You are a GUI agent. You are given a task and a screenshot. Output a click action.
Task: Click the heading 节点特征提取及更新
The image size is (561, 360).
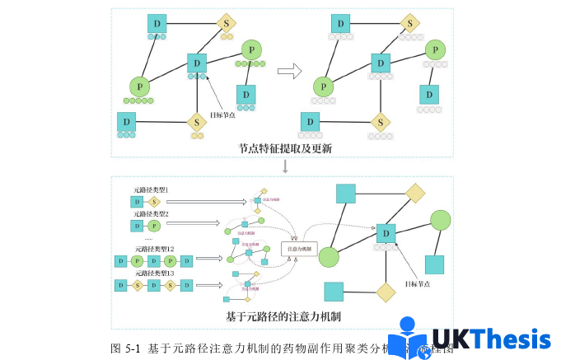[286, 147]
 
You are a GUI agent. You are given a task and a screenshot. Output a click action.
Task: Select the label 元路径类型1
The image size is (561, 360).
[152, 189]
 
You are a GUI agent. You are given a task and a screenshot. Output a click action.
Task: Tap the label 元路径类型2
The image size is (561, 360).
[152, 213]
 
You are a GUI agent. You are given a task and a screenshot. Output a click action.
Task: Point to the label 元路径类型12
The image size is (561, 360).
[154, 249]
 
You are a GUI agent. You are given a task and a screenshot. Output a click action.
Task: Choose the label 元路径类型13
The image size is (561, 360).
[154, 273]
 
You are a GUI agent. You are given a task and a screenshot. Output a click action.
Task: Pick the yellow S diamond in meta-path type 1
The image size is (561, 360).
[154, 200]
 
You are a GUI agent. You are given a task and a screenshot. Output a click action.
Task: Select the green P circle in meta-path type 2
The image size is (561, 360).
[154, 225]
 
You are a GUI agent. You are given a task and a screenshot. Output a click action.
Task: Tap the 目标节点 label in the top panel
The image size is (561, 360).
[222, 115]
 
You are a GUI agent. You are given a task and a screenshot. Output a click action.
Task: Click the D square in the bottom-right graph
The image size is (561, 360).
[386, 234]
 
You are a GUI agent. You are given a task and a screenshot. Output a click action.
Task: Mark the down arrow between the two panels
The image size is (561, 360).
[285, 166]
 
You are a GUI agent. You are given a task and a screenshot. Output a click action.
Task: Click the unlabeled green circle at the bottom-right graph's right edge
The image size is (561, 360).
[441, 221]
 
